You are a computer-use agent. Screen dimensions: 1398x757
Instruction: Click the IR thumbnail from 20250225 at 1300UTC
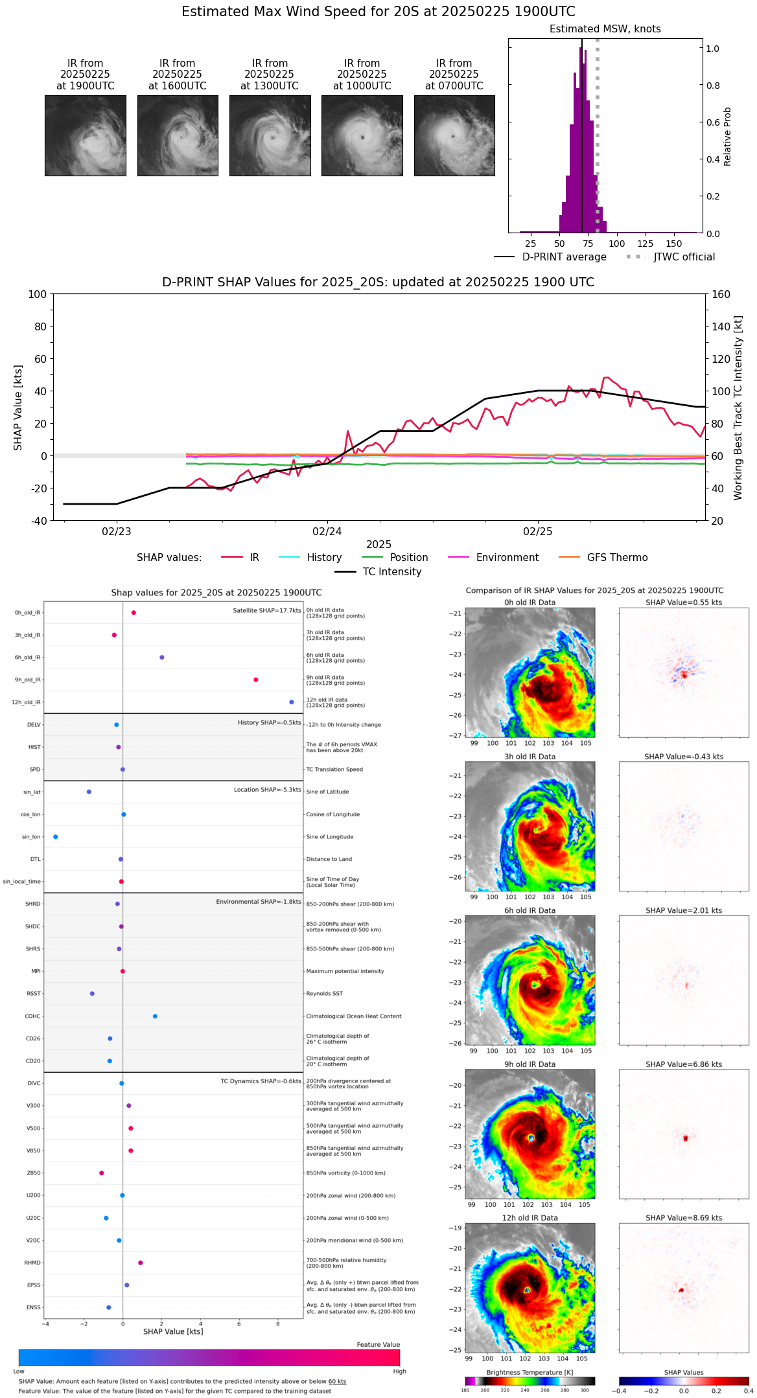pyautogui.click(x=270, y=135)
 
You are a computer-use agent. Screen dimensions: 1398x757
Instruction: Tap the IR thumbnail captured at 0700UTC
pyautogui.click(x=454, y=135)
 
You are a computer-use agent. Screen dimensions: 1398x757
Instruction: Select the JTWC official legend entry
pyautogui.click(x=684, y=257)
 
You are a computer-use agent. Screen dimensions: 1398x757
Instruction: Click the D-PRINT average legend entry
pyautogui.click(x=564, y=257)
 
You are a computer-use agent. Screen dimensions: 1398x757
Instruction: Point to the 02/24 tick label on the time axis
pyautogui.click(x=327, y=531)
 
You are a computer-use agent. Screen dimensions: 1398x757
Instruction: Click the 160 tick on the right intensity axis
pyautogui.click(x=721, y=294)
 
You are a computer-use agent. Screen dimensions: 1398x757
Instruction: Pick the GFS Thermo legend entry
pyautogui.click(x=617, y=558)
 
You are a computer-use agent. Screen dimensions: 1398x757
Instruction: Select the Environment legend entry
pyautogui.click(x=507, y=558)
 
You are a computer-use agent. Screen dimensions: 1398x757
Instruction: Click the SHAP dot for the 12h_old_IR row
pyautogui.click(x=292, y=702)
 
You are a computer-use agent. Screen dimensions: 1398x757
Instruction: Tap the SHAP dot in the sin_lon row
pyautogui.click(x=56, y=837)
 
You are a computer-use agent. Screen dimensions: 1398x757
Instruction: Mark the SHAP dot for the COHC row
pyautogui.click(x=155, y=1016)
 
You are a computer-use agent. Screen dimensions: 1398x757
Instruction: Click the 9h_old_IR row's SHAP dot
pyautogui.click(x=256, y=680)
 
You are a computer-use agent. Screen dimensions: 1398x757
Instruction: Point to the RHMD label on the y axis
pyautogui.click(x=33, y=1263)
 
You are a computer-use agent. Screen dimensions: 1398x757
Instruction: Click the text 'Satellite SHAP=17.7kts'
pyautogui.click(x=267, y=610)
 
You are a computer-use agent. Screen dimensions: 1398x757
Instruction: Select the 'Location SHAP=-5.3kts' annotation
pyautogui.click(x=267, y=790)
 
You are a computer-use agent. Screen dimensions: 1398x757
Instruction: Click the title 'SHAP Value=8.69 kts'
pyautogui.click(x=684, y=1218)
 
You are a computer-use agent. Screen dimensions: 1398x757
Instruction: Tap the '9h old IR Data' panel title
pyautogui.click(x=530, y=1064)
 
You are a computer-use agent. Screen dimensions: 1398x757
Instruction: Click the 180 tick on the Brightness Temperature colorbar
pyautogui.click(x=465, y=1390)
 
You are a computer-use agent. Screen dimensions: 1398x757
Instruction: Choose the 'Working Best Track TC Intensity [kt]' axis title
pyautogui.click(x=738, y=408)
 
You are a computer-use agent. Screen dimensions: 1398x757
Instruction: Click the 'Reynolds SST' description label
pyautogui.click(x=325, y=994)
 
